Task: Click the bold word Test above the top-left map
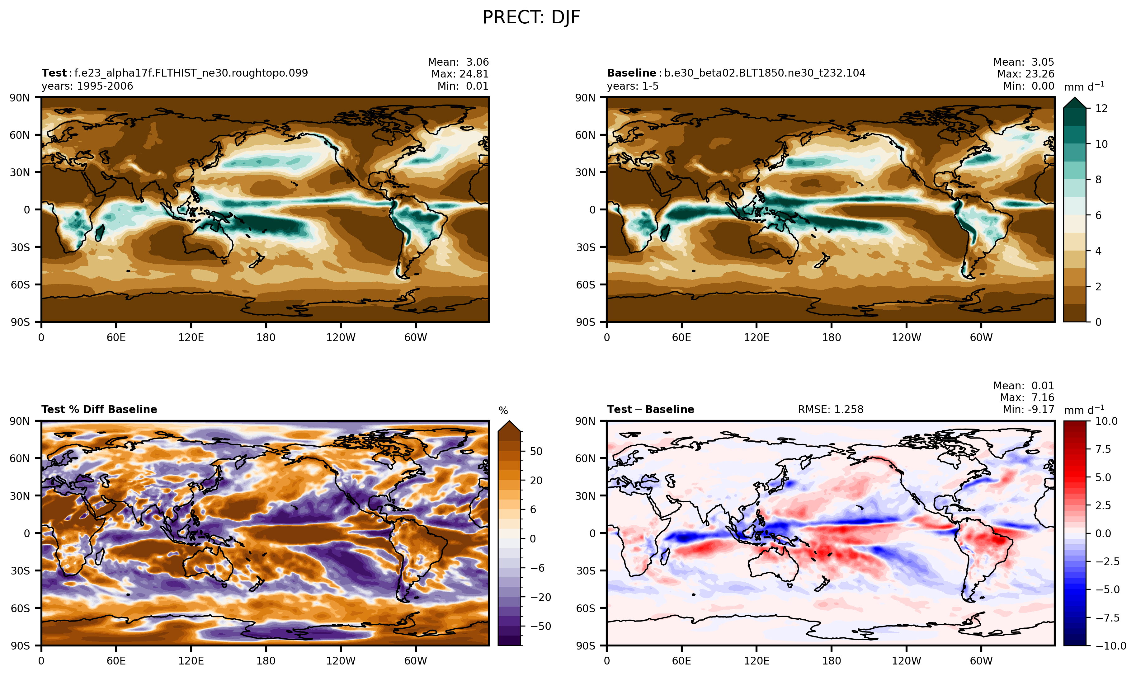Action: [x=54, y=73]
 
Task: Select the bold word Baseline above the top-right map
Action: [x=631, y=73]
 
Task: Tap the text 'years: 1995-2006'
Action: [x=87, y=86]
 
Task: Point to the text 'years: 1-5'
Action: [x=633, y=86]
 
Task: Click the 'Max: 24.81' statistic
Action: [x=460, y=74]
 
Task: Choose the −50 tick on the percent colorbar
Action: [x=540, y=626]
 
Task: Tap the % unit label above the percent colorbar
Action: [x=503, y=411]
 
